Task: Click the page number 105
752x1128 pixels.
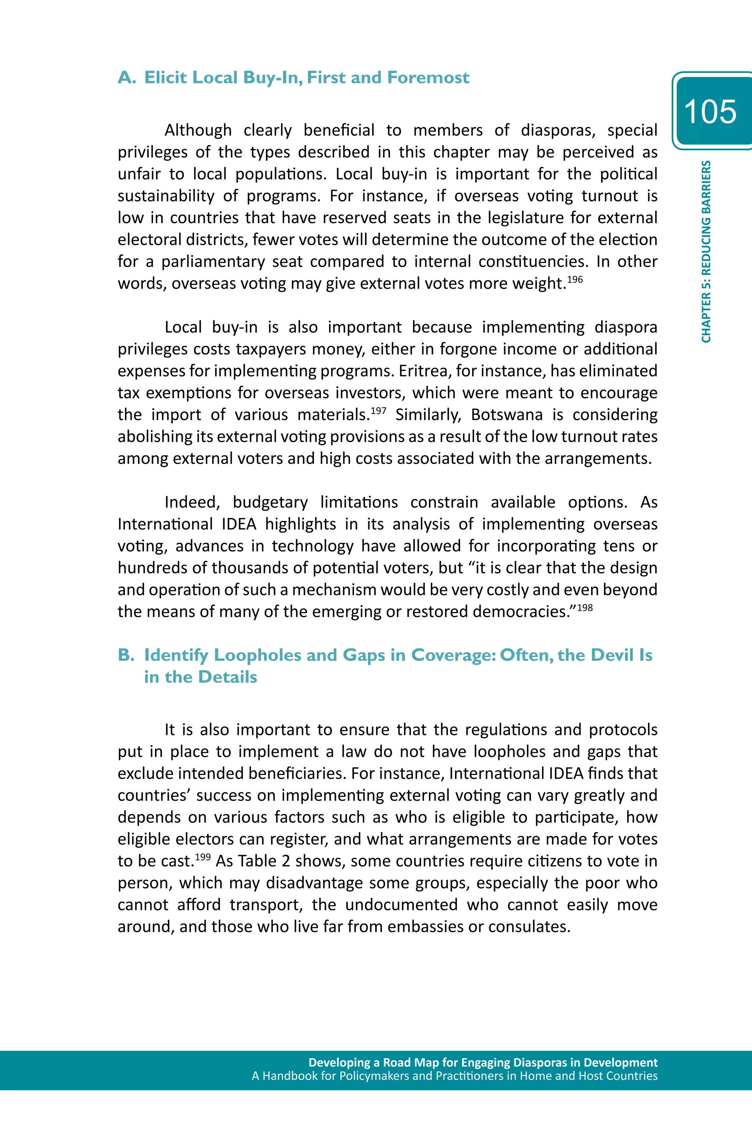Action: (710, 112)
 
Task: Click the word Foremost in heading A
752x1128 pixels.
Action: (428, 78)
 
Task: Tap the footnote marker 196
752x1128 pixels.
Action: (575, 279)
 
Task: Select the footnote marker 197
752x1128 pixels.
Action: (379, 411)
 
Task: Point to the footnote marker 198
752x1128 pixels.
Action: (585, 608)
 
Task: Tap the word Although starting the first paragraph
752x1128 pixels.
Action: (198, 130)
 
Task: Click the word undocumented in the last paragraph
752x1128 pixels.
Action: (401, 904)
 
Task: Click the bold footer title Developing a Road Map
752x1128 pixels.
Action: (482, 1062)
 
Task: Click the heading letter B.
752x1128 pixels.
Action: (126, 655)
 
